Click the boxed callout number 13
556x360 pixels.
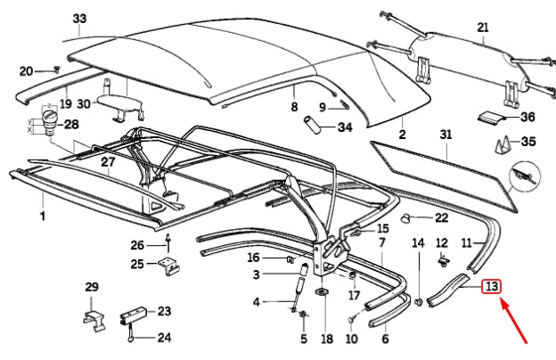point(491,287)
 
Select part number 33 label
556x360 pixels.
point(80,19)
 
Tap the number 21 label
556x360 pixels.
point(483,28)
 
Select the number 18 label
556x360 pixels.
point(326,339)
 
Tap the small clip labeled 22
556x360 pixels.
point(406,217)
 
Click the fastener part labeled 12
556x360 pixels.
point(442,261)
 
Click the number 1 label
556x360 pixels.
point(41,216)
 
